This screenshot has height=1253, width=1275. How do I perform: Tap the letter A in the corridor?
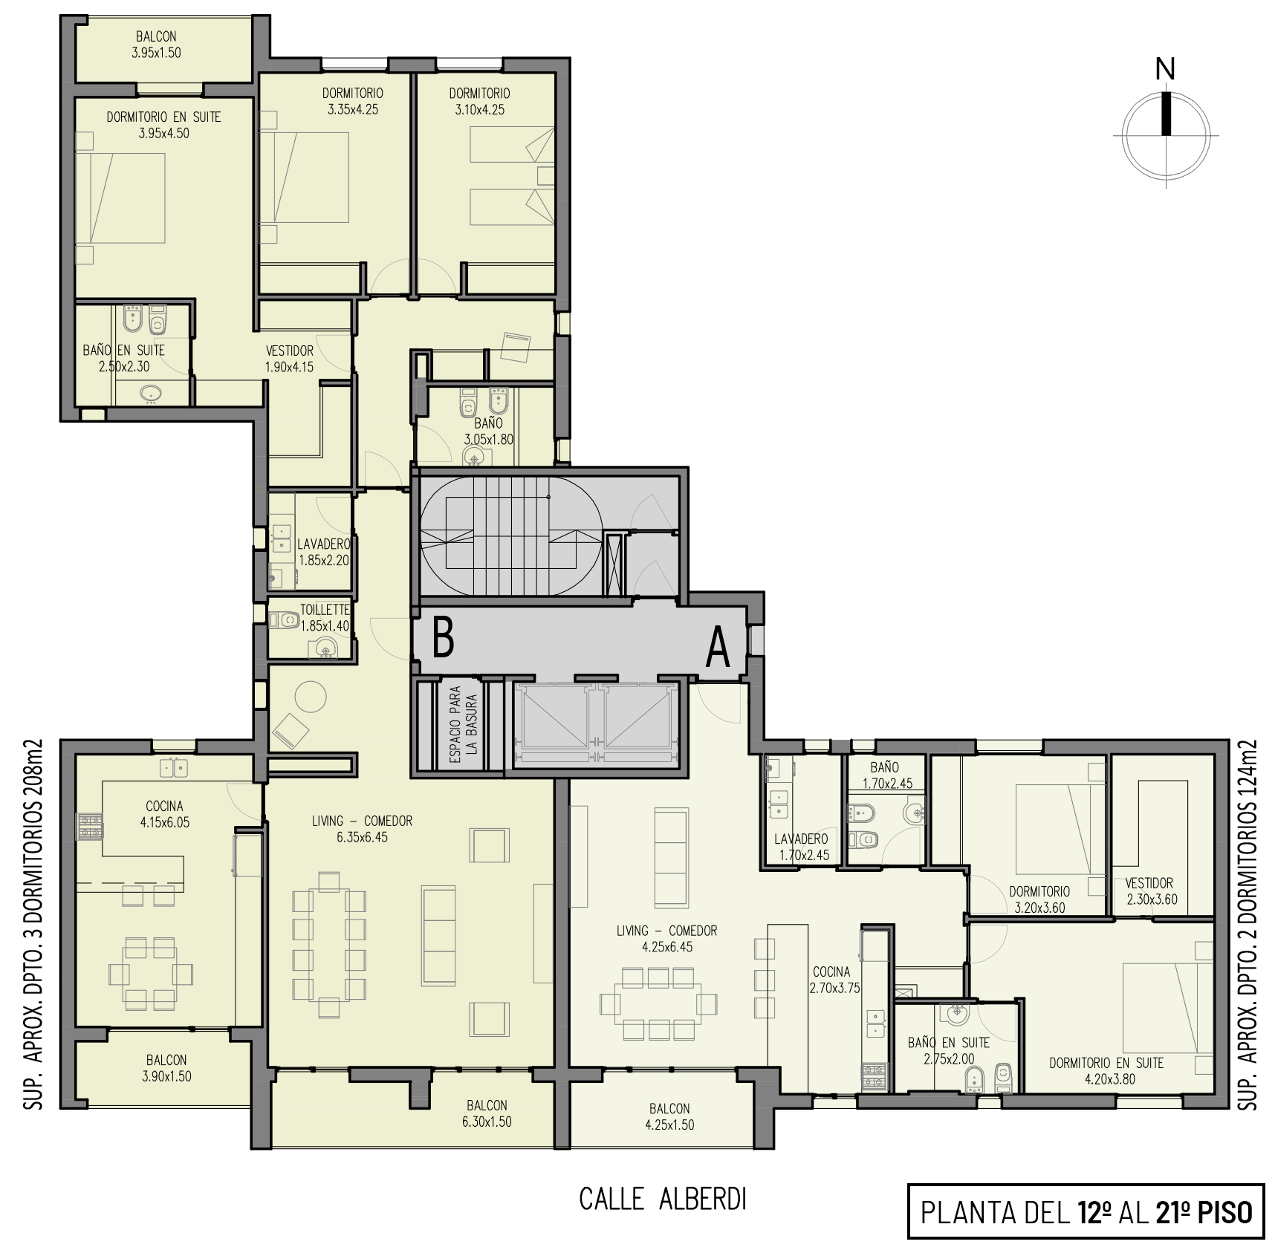(717, 648)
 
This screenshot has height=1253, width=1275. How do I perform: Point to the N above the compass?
(1165, 70)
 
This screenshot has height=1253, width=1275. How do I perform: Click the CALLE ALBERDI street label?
(662, 1200)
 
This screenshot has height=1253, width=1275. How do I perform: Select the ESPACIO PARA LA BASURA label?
(464, 723)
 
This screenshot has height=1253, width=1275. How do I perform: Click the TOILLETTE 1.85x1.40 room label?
(324, 618)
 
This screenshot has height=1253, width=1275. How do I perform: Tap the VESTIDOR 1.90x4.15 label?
(290, 359)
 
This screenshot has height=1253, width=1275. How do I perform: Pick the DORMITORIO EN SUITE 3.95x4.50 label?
(163, 125)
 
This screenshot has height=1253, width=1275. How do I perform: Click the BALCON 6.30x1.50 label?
(487, 1113)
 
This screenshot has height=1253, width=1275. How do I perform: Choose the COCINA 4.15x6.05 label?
(164, 814)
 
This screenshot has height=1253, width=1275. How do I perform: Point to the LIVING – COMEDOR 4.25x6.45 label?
(666, 939)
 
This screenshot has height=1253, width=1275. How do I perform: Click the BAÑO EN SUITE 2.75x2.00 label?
(949, 1051)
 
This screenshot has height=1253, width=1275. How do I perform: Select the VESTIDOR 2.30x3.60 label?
(1151, 891)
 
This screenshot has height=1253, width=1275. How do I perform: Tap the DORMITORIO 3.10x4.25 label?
(479, 101)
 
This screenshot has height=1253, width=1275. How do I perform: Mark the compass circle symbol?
(1166, 136)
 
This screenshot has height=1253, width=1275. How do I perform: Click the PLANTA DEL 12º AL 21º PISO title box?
(1086, 1211)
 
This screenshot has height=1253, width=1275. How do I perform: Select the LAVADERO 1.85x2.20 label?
(324, 553)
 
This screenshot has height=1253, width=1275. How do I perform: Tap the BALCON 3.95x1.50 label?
(156, 45)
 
